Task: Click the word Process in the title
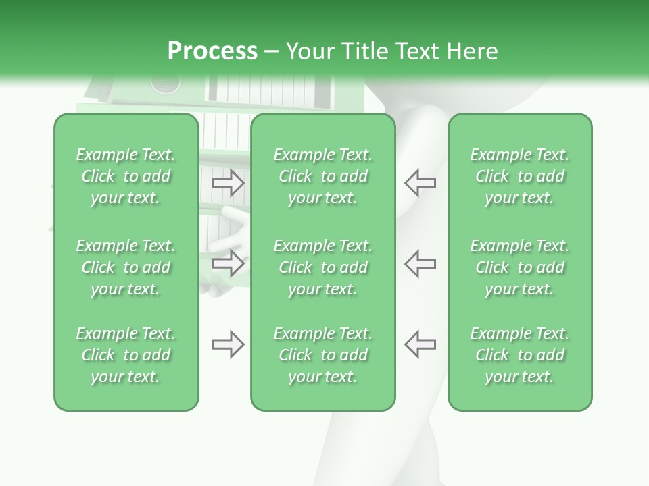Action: point(212,51)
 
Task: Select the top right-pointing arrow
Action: point(228,183)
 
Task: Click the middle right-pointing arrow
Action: point(228,263)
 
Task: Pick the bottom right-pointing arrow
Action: point(228,344)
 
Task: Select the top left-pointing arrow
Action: point(420,183)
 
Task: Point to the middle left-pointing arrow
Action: point(420,263)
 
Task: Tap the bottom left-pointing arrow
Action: point(420,344)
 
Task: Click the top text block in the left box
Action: point(126,176)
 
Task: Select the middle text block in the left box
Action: point(126,267)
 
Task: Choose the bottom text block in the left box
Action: point(126,355)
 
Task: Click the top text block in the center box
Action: point(322,176)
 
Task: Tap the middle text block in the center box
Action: point(322,267)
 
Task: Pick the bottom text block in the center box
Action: point(322,355)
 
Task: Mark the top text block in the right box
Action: point(519,176)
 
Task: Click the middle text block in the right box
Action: point(519,267)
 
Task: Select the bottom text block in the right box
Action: point(519,355)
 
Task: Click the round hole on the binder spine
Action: point(166,84)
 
